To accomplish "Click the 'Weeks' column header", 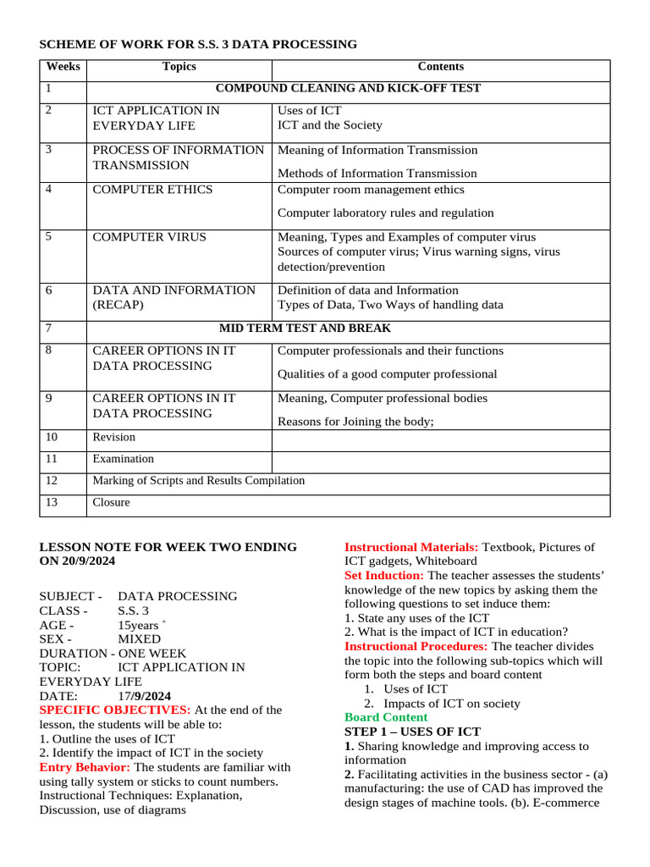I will pos(62,67).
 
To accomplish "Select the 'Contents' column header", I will pos(440,67).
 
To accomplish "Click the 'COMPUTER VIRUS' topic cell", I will pos(149,237).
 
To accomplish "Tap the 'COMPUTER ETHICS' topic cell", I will pos(152,190).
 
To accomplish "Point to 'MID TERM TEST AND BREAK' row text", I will pos(305,329).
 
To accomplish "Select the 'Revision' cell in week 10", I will pos(113,438).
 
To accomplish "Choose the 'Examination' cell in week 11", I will pos(123,459).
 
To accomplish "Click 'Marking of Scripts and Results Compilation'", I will pos(198,481).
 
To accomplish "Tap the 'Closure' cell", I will pos(111,503).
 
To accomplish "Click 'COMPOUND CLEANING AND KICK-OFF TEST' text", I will pos(348,88).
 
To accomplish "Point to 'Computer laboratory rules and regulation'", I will pos(385,213).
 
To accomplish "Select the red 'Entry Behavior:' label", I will pos(85,768).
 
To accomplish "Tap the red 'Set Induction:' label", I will pos(384,576).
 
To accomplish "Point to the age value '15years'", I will pos(139,626).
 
